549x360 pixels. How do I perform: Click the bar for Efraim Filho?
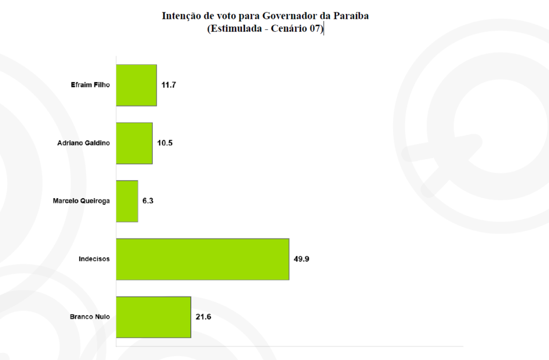click(136, 85)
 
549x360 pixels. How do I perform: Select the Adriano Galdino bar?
click(134, 143)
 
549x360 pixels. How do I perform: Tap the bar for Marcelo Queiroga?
click(127, 201)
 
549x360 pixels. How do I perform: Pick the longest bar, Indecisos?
click(203, 259)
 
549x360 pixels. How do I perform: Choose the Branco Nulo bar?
click(153, 317)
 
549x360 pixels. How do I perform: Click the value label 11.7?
click(169, 85)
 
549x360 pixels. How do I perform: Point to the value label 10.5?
click(165, 143)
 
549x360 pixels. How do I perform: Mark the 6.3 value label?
click(148, 201)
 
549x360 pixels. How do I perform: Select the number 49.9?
click(301, 259)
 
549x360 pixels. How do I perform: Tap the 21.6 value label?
click(203, 317)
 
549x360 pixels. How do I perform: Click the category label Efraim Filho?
click(90, 85)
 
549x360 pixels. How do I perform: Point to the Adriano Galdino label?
click(83, 143)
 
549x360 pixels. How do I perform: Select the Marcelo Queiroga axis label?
click(81, 201)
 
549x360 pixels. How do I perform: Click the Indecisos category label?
click(94, 259)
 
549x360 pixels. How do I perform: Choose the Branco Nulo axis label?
click(90, 317)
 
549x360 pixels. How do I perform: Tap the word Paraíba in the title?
click(351, 16)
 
